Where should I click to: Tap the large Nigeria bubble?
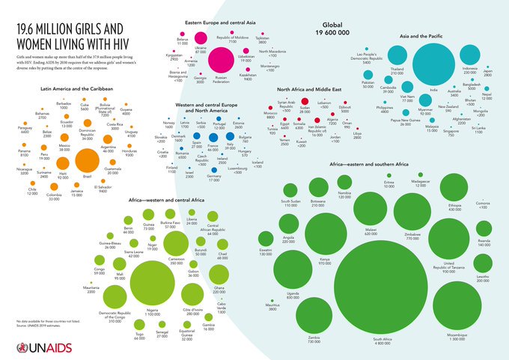click(x=153, y=281)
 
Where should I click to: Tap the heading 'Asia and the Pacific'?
click(x=430, y=35)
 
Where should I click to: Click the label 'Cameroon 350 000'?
click(x=177, y=261)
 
